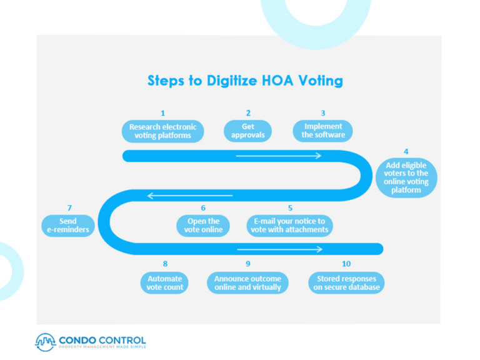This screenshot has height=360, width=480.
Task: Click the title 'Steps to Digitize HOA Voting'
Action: point(245,81)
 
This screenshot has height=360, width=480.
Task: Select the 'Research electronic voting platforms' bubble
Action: point(162,131)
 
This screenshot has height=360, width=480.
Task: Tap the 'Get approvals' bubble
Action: point(248,131)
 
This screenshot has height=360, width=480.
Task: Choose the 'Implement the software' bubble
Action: point(323,131)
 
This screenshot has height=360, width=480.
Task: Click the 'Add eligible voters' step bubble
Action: point(406,177)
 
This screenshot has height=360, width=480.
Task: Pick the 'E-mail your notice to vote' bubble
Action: point(289,225)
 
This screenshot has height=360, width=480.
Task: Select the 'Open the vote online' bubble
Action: point(203,225)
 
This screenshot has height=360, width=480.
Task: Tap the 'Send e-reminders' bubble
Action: point(68,225)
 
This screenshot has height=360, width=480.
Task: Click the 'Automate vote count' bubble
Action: point(165,282)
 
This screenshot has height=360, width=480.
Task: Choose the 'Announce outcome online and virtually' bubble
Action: point(247,282)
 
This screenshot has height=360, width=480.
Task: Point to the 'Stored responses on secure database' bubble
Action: point(346,282)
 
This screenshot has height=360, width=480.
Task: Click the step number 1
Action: point(163,113)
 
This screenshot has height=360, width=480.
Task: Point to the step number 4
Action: point(406,151)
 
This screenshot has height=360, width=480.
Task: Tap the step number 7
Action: point(69,208)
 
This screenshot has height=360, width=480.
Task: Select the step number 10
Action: point(346,264)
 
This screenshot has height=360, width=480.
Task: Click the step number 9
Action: point(248,264)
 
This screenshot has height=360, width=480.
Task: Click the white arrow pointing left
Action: point(189,196)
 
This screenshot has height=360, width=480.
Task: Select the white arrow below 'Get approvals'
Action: point(278,156)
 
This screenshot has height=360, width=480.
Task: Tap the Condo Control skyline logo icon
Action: point(46,342)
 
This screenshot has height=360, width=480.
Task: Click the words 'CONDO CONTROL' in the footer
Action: point(102,340)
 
